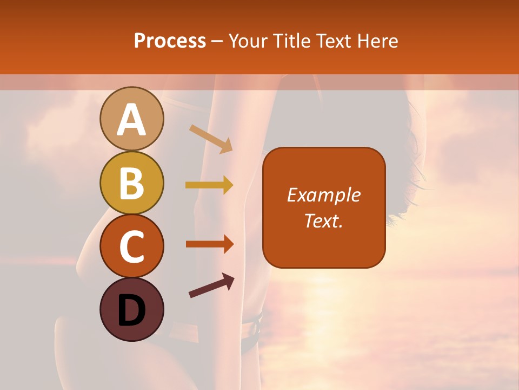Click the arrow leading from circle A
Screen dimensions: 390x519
pyautogui.click(x=211, y=139)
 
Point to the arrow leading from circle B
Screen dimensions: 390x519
pyautogui.click(x=209, y=185)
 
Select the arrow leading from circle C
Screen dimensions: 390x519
pyautogui.click(x=209, y=244)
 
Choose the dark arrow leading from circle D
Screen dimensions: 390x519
pyautogui.click(x=211, y=285)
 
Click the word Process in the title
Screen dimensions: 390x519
pyautogui.click(x=170, y=41)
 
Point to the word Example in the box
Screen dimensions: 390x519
pyautogui.click(x=323, y=196)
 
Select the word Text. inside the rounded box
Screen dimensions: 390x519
pyautogui.click(x=323, y=221)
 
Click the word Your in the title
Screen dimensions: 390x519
pyautogui.click(x=248, y=41)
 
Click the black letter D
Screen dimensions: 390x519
pyautogui.click(x=131, y=311)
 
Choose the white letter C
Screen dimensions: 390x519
pyautogui.click(x=131, y=248)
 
